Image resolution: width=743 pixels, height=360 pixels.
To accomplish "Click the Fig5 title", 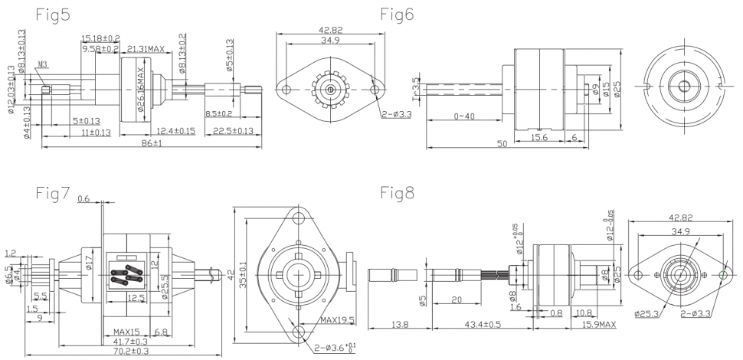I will coord(51,15).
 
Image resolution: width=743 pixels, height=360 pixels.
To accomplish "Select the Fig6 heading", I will coord(398,15).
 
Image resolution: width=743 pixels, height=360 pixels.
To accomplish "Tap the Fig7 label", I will coord(53,194).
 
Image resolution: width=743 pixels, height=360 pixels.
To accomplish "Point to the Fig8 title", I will coord(398,194).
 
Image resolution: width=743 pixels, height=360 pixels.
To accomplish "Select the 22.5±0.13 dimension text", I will coord(232,130).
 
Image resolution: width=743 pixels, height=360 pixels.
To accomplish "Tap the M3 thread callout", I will coord(43,64).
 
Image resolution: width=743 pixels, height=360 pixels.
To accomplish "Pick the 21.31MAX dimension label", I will coord(146,49).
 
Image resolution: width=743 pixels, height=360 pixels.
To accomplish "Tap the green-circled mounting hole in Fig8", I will coord(724,273).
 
